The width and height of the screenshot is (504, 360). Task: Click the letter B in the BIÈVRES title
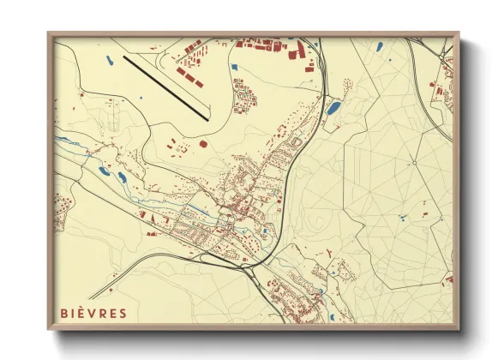pyautogui.click(x=64, y=313)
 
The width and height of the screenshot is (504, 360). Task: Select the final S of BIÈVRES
pyautogui.click(x=123, y=313)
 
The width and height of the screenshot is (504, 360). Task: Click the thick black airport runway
pyautogui.click(x=166, y=87)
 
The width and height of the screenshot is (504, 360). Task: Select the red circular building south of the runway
pyautogui.click(x=202, y=144)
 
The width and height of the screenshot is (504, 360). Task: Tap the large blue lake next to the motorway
pyautogui.click(x=333, y=108)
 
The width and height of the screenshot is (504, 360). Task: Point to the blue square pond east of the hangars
pyautogui.click(x=233, y=66)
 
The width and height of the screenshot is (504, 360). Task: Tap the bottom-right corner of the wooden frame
pyautogui.click(x=459, y=330)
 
